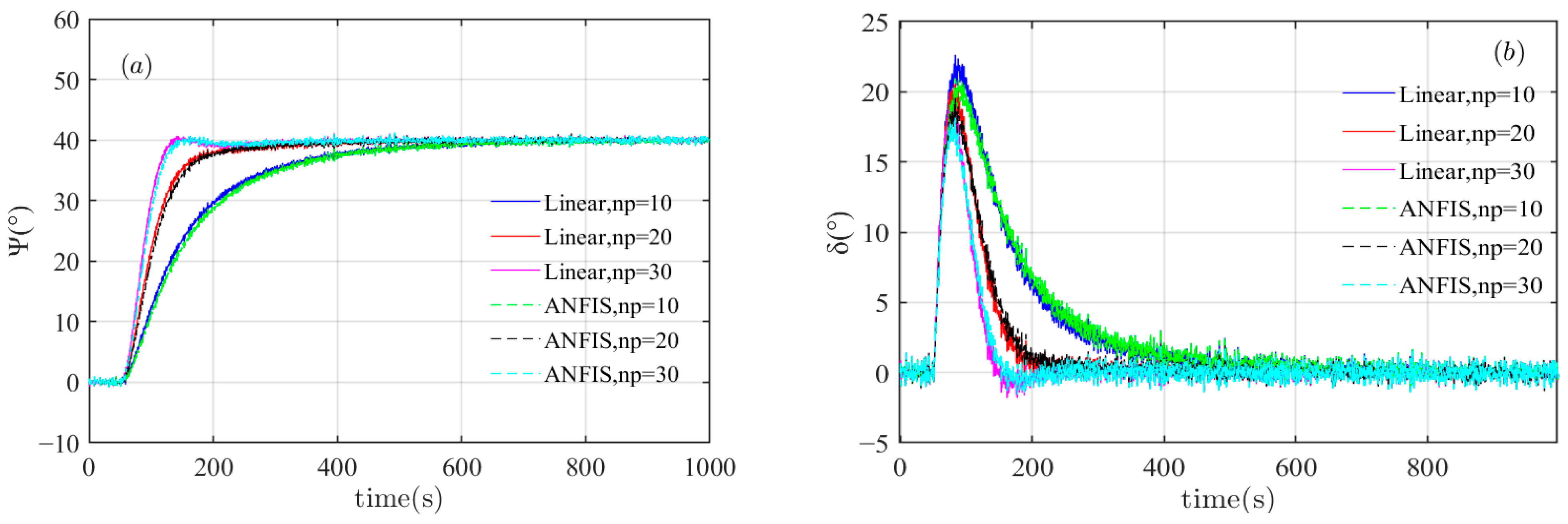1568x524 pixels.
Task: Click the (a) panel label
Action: tap(136, 66)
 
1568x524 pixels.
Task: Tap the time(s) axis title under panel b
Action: tap(1227, 499)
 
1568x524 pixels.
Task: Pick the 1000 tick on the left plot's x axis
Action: tap(710, 467)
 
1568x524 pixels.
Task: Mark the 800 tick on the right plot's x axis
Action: tap(1427, 467)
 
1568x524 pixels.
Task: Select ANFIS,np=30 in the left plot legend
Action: tap(611, 374)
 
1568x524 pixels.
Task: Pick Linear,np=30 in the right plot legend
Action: tap(1467, 171)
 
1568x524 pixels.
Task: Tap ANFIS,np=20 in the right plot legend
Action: tap(1470, 247)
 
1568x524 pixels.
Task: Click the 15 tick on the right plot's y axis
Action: tap(875, 163)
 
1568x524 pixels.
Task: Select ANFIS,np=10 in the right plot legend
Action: tap(1470, 209)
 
